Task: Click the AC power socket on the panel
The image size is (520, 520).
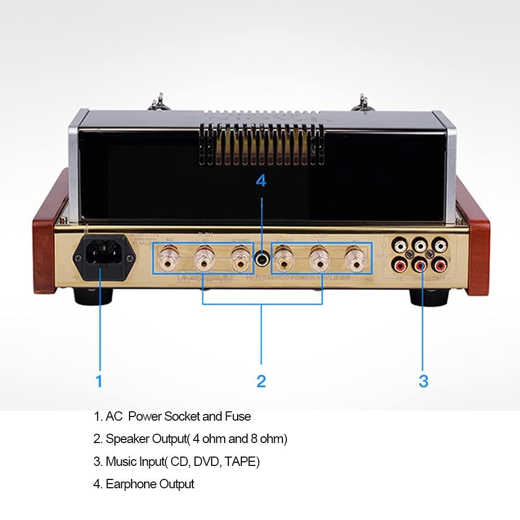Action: pos(102,256)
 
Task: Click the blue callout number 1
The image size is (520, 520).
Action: pos(99,381)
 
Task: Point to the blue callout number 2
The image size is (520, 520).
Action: pos(261,381)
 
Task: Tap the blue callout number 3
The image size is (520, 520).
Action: pos(423,381)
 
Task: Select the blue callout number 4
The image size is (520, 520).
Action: pos(261,181)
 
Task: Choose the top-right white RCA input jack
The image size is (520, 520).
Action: pos(440,244)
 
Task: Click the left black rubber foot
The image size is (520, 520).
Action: pos(94,297)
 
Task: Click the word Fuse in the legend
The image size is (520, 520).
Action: pos(238,417)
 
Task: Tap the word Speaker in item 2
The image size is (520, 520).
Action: pos(127,439)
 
